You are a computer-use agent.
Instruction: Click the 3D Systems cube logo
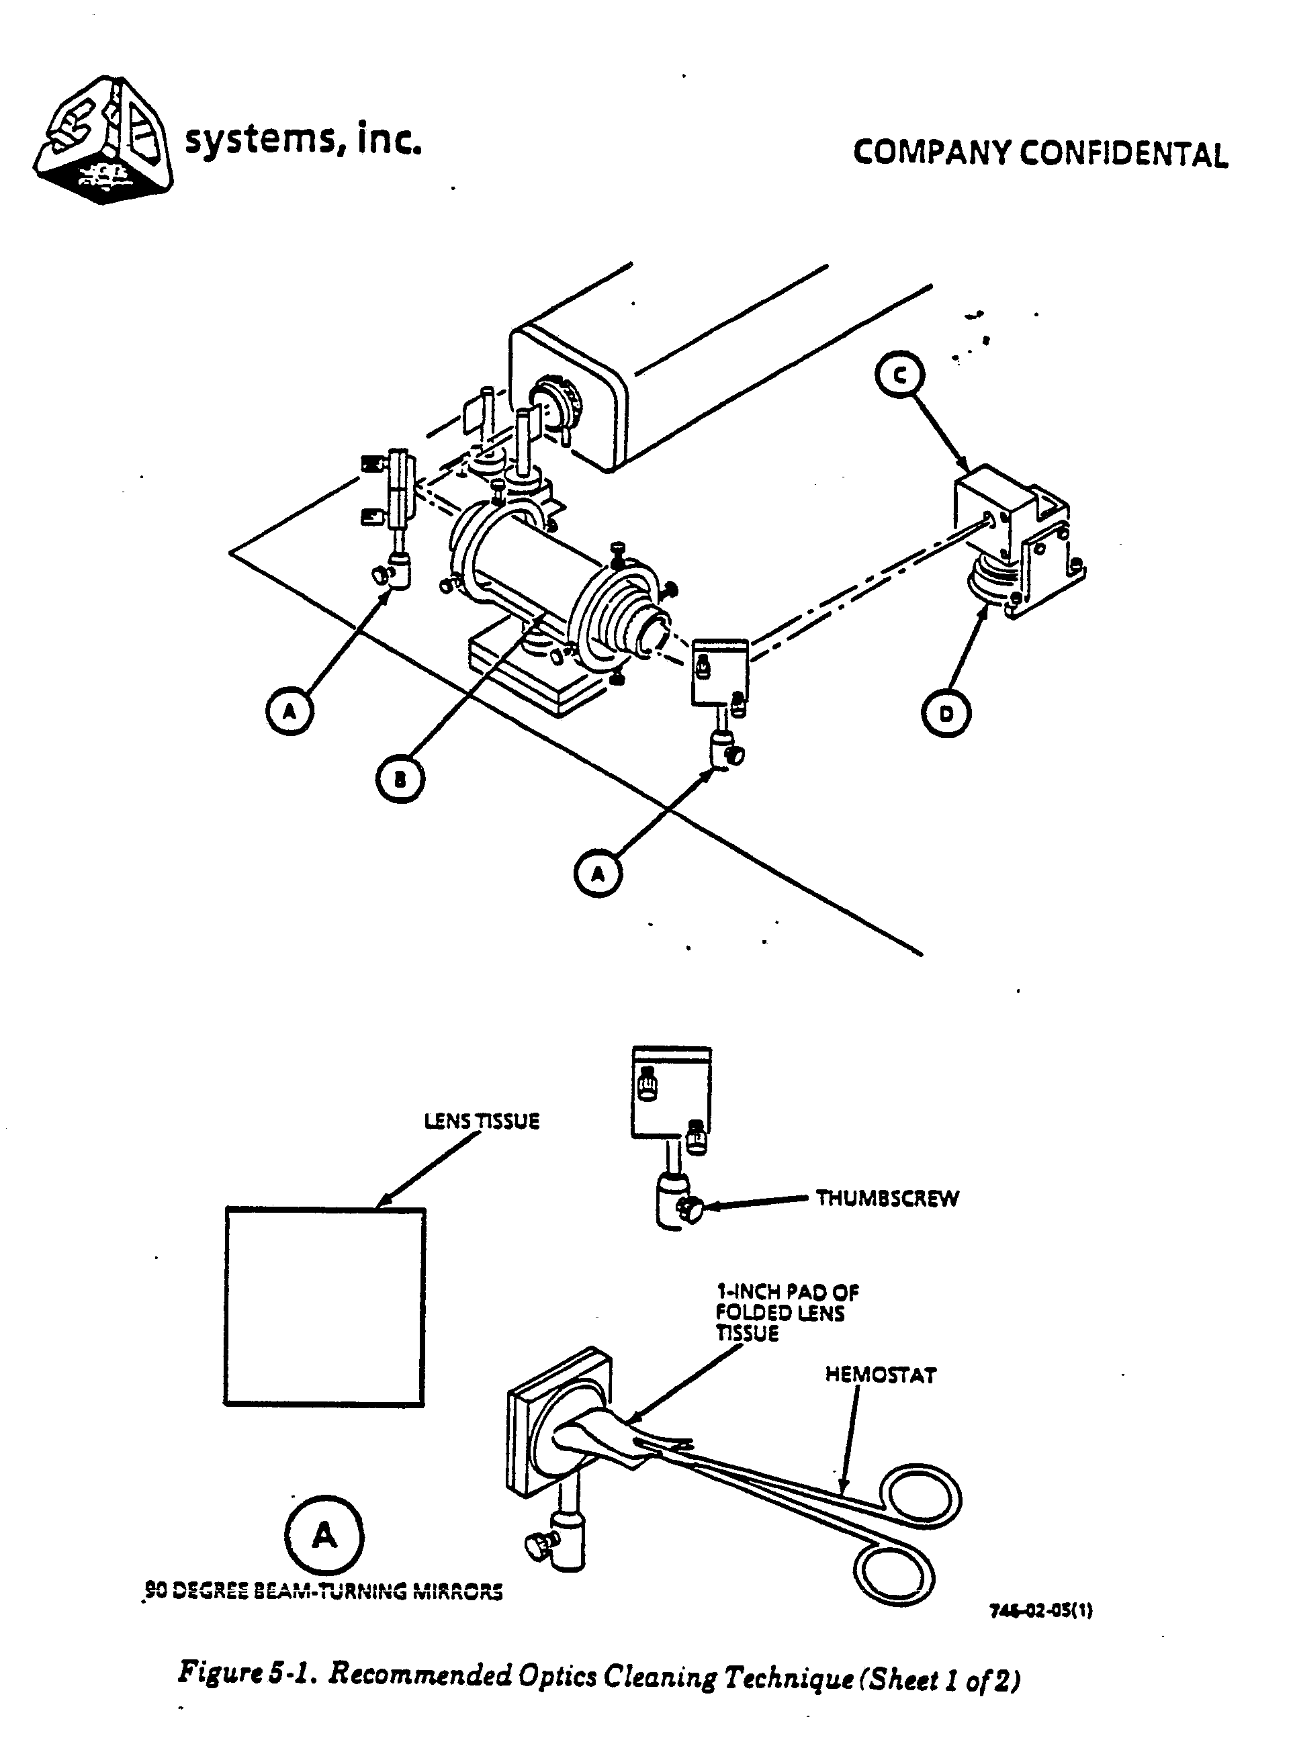103,141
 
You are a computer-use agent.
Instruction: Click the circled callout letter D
946,714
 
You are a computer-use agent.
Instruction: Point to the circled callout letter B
400,779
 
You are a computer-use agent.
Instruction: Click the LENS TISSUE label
482,1121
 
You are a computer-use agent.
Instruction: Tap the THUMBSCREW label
887,1199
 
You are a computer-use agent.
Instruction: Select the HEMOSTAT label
881,1375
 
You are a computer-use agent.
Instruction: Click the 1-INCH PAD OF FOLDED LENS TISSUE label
787,1313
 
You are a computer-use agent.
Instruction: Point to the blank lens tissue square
325,1307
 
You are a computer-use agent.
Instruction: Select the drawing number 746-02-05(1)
1041,1611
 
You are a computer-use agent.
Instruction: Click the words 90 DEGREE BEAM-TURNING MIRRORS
323,1592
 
